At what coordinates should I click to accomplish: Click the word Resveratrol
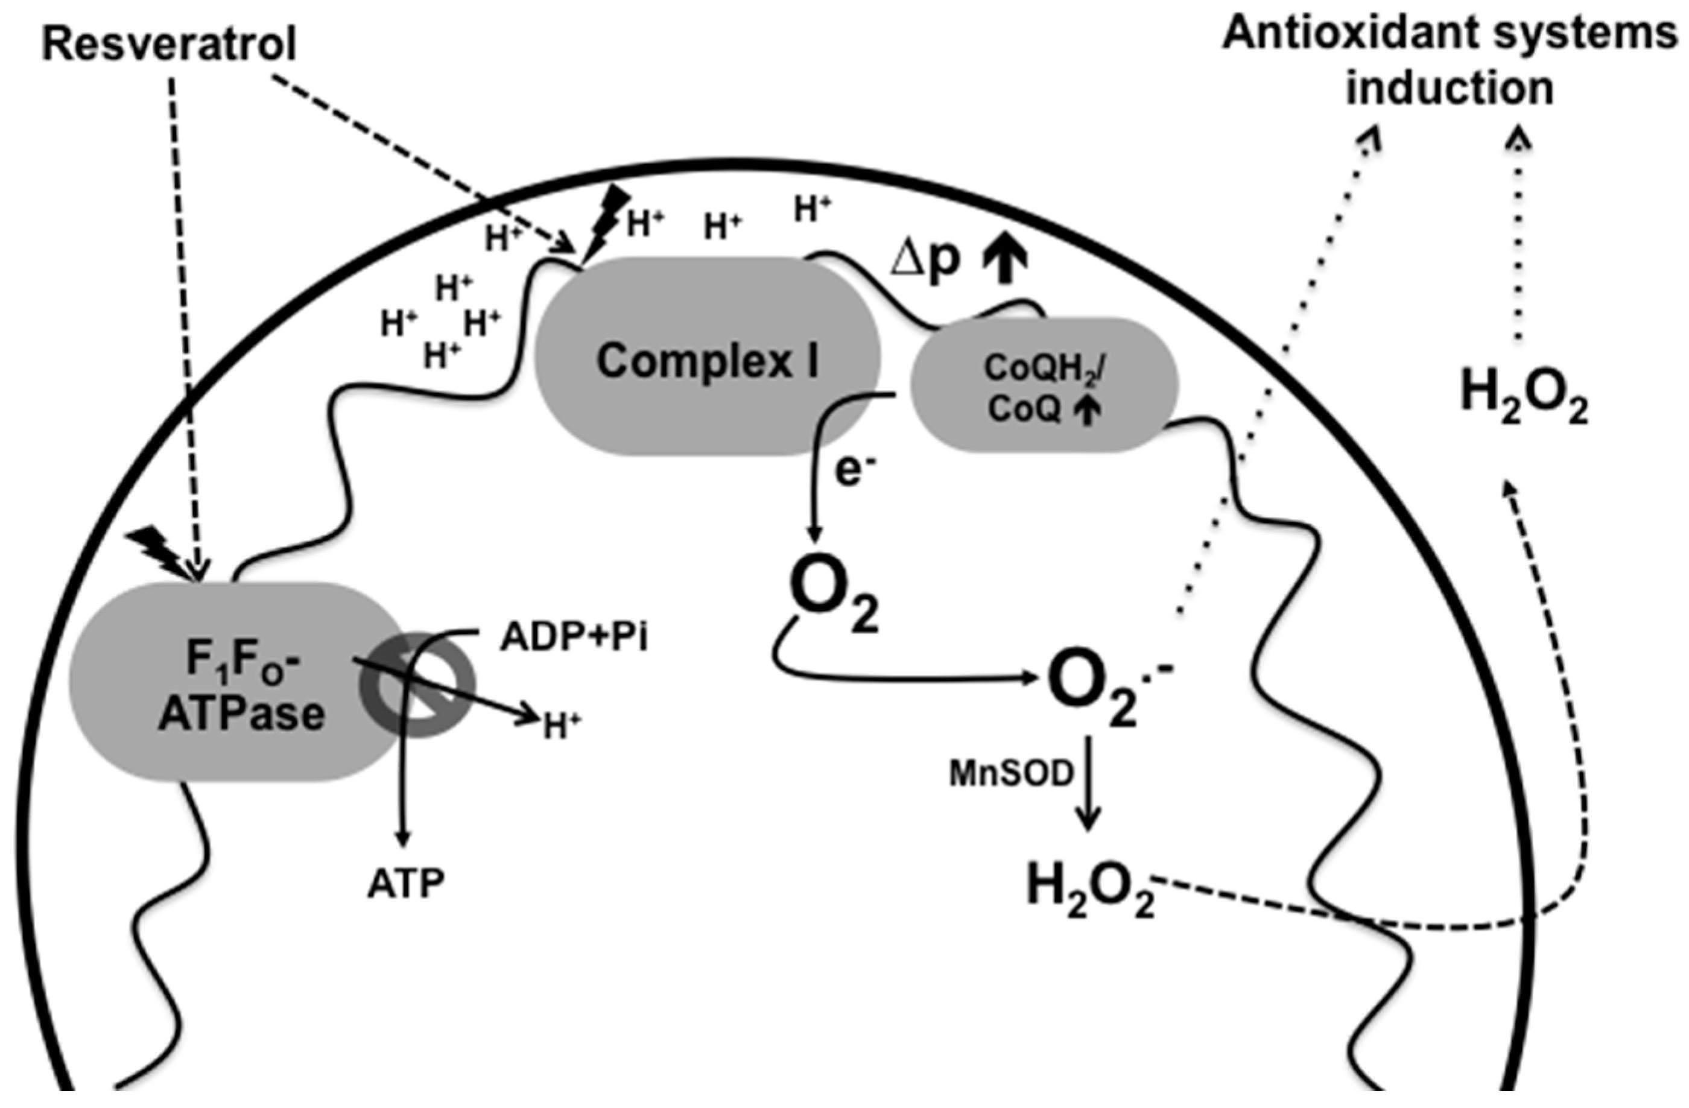[x=169, y=44]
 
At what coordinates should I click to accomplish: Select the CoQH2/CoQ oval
[x=1043, y=387]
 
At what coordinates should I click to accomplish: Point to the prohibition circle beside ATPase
[x=418, y=685]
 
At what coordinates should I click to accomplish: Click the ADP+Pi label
[x=574, y=638]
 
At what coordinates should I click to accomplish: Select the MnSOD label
[x=1011, y=775]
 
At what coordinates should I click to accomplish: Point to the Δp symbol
[x=925, y=261]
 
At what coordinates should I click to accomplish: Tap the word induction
[x=1451, y=89]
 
